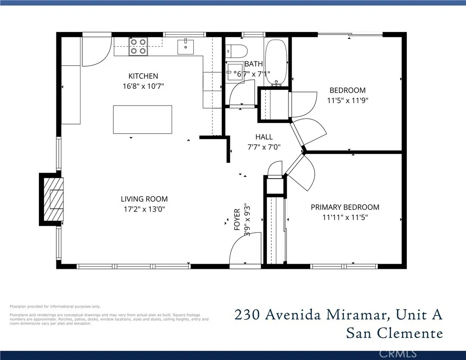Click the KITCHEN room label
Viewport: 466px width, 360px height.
[x=143, y=76]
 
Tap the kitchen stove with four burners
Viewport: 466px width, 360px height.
[x=138, y=47]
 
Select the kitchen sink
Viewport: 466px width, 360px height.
[x=185, y=47]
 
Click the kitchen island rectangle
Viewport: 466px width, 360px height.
[x=142, y=119]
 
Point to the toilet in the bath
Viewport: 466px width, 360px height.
[x=236, y=51]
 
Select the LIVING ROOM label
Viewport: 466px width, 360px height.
[x=144, y=199]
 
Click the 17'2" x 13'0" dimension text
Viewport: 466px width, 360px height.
[x=144, y=209]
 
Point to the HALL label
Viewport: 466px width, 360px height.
[x=264, y=137]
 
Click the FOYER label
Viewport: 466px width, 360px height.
[x=237, y=220]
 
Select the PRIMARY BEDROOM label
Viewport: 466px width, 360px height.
[x=345, y=207]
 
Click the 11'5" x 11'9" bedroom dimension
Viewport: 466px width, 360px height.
[x=348, y=100]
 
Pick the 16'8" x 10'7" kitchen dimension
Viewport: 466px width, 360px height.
[x=143, y=86]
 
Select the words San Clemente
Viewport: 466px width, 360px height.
[x=394, y=333]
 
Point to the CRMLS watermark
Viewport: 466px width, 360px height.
[x=398, y=354]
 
